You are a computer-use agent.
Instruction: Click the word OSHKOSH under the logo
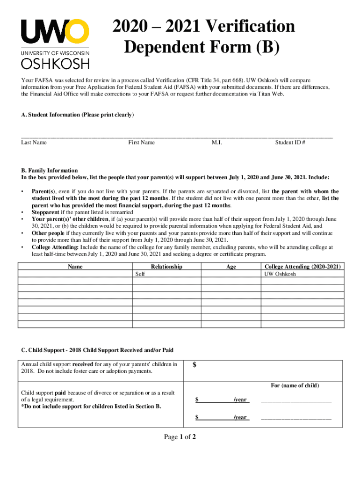point(55,63)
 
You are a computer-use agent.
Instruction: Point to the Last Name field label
point(34,142)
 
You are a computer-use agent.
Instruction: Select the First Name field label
point(141,142)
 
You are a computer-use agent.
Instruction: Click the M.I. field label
point(216,142)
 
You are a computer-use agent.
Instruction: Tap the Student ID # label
point(290,142)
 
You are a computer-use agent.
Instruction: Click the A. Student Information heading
point(77,115)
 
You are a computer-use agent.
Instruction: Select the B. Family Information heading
point(50,170)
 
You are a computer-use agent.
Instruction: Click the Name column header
point(75,267)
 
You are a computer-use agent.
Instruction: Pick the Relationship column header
point(166,267)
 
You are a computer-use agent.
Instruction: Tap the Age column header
point(231,267)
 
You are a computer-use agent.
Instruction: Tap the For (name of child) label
point(295,385)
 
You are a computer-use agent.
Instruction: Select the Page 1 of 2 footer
point(180,437)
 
